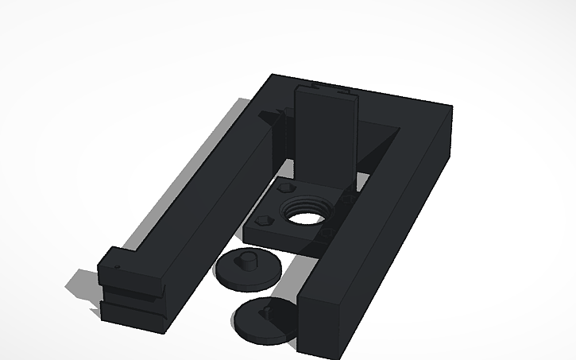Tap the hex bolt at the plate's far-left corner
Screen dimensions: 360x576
point(285,188)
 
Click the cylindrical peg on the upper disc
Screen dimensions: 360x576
point(248,259)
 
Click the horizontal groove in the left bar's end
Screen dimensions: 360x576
point(130,300)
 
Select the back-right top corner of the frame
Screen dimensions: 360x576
point(450,106)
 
